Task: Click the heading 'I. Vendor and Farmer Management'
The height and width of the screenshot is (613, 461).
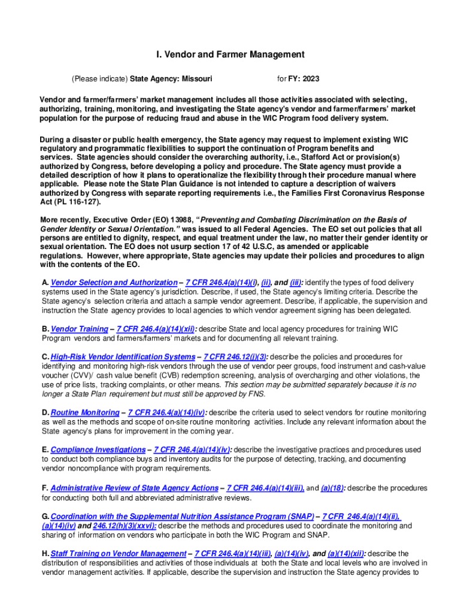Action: click(x=230, y=54)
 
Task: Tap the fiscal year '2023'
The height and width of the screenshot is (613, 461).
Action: click(x=311, y=78)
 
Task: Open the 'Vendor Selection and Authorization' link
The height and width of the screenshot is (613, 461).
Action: click(x=114, y=282)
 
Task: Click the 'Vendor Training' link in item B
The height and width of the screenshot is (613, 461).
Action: click(x=80, y=329)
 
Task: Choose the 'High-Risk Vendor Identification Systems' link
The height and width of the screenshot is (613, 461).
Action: click(x=123, y=357)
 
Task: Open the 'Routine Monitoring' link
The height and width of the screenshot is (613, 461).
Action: click(x=85, y=412)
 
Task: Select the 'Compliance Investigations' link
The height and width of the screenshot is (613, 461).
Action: click(x=99, y=450)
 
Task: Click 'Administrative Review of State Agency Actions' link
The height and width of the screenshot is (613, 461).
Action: click(x=135, y=488)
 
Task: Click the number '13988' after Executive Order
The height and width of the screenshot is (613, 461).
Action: click(x=170, y=220)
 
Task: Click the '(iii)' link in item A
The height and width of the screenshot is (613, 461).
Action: click(x=296, y=282)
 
